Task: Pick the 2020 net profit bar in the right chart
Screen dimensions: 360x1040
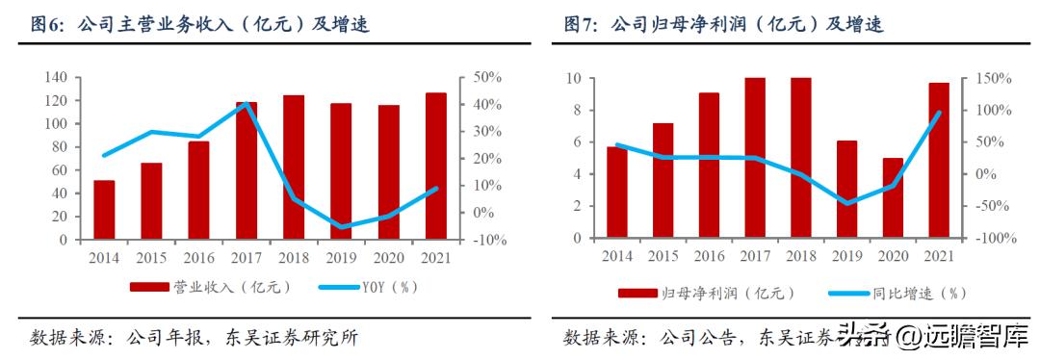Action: (x=893, y=198)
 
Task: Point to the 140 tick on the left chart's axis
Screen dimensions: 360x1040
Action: (x=57, y=77)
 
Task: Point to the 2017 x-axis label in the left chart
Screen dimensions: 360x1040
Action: (x=246, y=258)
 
